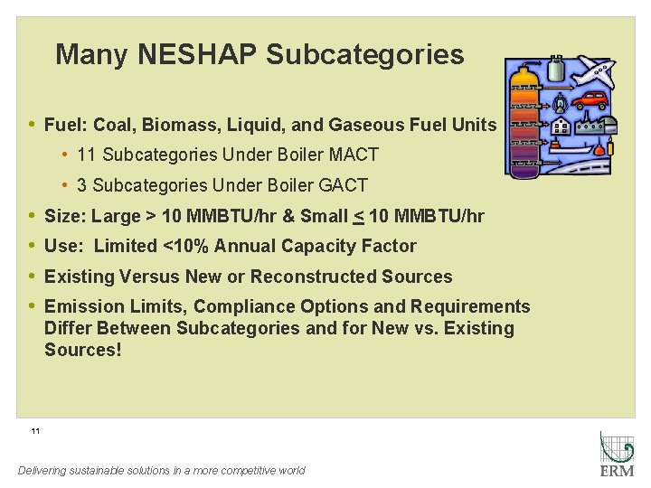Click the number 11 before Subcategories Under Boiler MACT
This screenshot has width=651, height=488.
pyautogui.click(x=87, y=155)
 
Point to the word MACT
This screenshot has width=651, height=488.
pyautogui.click(x=354, y=155)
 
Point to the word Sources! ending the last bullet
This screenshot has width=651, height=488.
pyautogui.click(x=82, y=351)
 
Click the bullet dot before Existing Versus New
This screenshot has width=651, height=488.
pyautogui.click(x=32, y=277)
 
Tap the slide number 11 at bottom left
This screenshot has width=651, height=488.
pyautogui.click(x=35, y=431)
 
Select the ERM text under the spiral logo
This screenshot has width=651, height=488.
pyautogui.click(x=618, y=471)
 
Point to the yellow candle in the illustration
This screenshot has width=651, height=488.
pyautogui.click(x=610, y=145)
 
